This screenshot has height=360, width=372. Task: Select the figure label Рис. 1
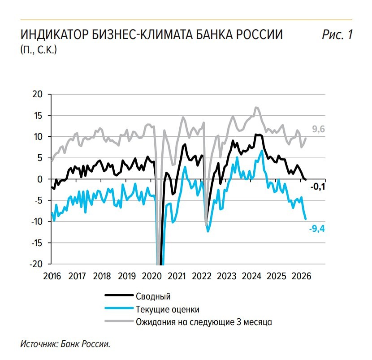click(x=337, y=35)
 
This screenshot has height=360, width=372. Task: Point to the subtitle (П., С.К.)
click(x=39, y=49)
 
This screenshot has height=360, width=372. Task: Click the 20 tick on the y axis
click(x=40, y=94)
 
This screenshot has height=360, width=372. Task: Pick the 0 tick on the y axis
click(x=43, y=179)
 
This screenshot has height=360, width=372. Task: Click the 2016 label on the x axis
click(x=52, y=275)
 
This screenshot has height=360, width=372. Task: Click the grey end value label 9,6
click(x=318, y=130)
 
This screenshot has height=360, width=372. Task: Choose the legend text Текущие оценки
click(x=167, y=309)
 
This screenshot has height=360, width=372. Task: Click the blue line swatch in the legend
click(x=118, y=308)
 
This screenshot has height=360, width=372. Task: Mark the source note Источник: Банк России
click(x=65, y=344)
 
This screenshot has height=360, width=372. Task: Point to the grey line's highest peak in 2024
click(x=256, y=108)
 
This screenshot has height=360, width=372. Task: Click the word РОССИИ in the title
click(x=256, y=35)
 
